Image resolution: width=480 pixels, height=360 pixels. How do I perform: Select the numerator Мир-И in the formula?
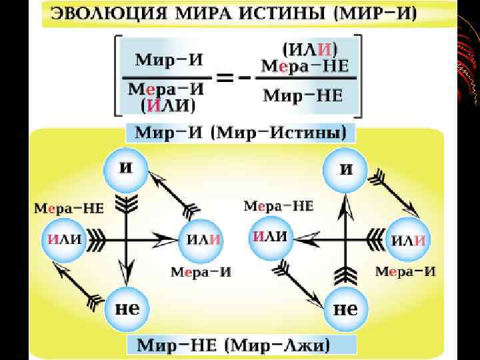(x=169, y=59)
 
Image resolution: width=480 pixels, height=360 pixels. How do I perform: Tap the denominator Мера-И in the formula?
(x=166, y=89)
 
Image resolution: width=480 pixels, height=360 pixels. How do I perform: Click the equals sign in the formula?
(x=226, y=76)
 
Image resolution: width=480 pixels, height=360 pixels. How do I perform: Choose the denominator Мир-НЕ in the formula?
(x=303, y=95)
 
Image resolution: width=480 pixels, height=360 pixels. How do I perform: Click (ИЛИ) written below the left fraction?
(x=166, y=105)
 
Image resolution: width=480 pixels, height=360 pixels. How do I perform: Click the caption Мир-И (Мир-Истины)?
(x=241, y=132)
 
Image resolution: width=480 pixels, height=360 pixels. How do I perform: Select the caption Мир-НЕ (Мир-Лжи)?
(x=237, y=345)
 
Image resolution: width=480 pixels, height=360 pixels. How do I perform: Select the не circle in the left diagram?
(x=127, y=309)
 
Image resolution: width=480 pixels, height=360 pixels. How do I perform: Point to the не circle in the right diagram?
(x=345, y=308)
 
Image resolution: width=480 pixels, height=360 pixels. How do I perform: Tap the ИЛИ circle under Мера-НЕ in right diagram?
(x=271, y=236)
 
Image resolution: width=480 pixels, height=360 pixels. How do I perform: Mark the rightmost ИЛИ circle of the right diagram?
(x=409, y=239)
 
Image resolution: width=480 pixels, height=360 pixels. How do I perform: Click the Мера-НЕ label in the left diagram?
(x=69, y=208)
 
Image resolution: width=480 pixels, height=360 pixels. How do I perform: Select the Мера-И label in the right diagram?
(x=405, y=271)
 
